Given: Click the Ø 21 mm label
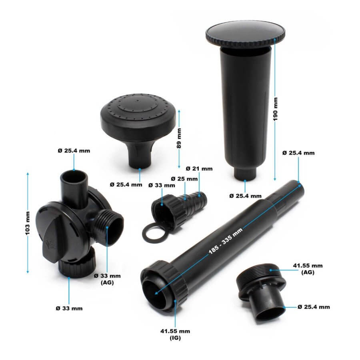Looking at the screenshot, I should click(x=199, y=168).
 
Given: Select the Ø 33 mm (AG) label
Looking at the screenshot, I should click(x=107, y=278).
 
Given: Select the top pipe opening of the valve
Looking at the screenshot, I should click(x=74, y=176).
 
